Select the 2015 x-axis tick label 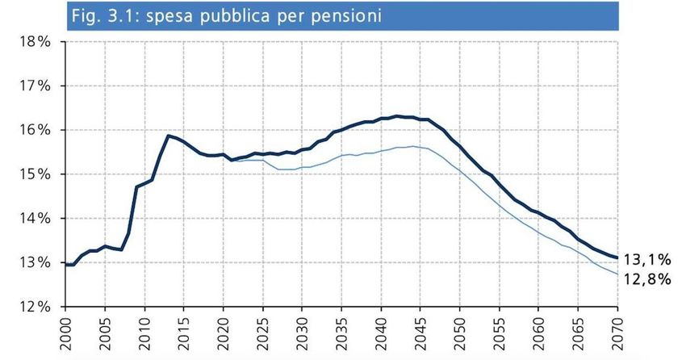pyautogui.click(x=185, y=333)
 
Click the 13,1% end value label pyautogui.click(x=650, y=259)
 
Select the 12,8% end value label pyautogui.click(x=650, y=278)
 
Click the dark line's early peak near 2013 pyautogui.click(x=168, y=136)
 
